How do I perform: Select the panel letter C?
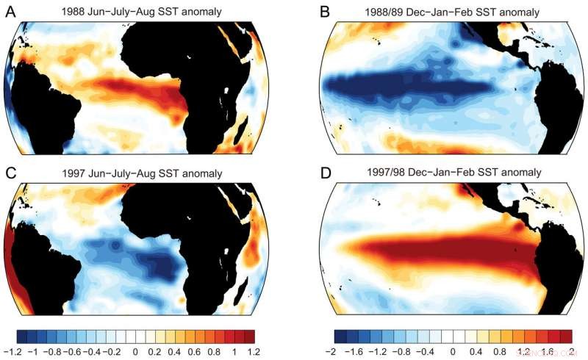tap(10, 173)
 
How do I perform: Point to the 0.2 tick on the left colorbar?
tap(154, 352)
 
